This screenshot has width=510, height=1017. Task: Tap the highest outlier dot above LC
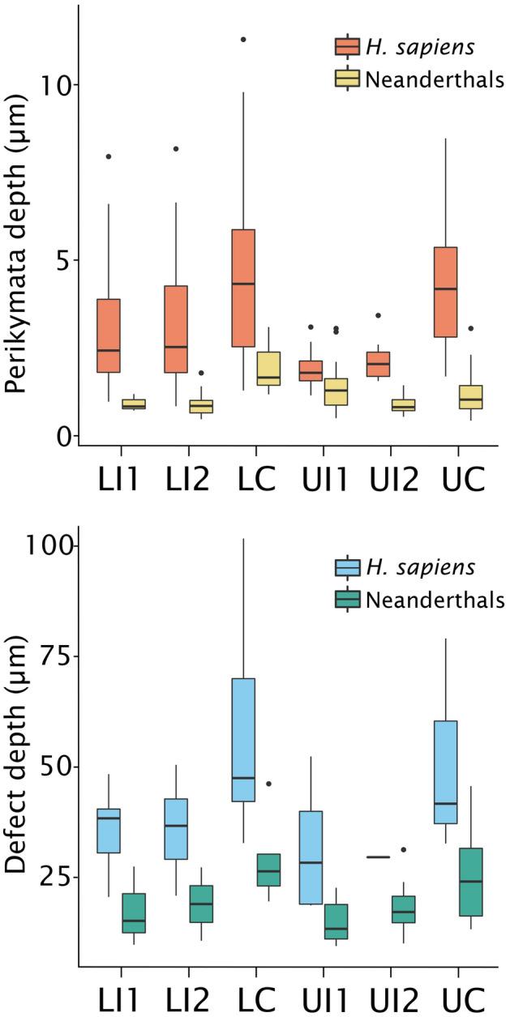[x=242, y=39]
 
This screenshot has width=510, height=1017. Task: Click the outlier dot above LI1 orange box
[x=108, y=156]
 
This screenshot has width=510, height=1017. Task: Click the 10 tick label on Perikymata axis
[x=54, y=85]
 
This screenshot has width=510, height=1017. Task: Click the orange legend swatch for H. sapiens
[x=348, y=47]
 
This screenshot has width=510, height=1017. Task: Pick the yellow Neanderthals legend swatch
[x=348, y=79]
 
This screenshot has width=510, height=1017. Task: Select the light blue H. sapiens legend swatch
[x=348, y=567]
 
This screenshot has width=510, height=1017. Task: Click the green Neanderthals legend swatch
[x=348, y=600]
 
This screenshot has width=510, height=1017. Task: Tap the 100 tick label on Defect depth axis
[x=45, y=546]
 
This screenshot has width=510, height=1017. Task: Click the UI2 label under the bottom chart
[x=391, y=995]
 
